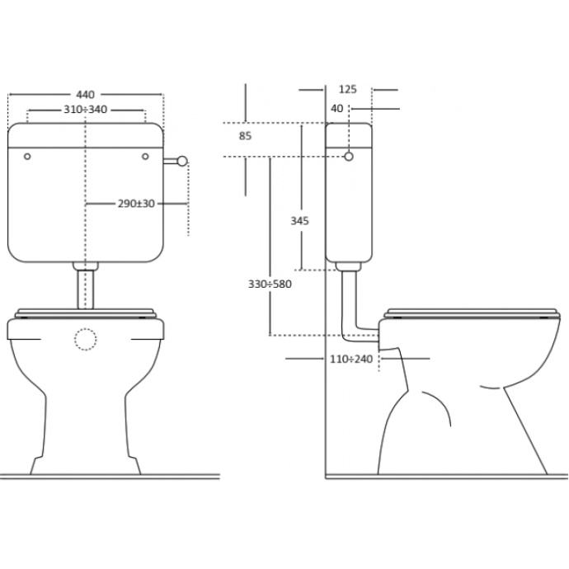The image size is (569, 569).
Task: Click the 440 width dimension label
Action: (85, 95)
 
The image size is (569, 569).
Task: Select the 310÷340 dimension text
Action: (86, 109)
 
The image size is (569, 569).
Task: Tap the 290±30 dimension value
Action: (136, 204)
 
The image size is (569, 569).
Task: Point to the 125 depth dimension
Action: (348, 89)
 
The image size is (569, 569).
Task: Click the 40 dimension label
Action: (336, 109)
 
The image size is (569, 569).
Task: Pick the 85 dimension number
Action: (245, 136)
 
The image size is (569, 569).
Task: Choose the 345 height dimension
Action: (299, 221)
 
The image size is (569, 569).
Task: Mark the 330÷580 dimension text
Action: (270, 284)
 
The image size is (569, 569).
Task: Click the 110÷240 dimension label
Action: (351, 359)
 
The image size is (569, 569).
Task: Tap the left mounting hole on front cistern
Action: (27, 157)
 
